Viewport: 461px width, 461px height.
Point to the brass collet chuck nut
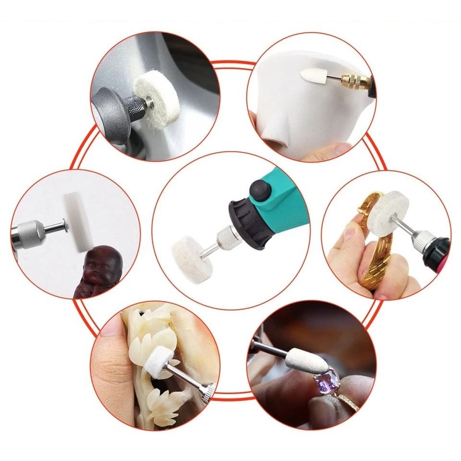pos(353,81)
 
